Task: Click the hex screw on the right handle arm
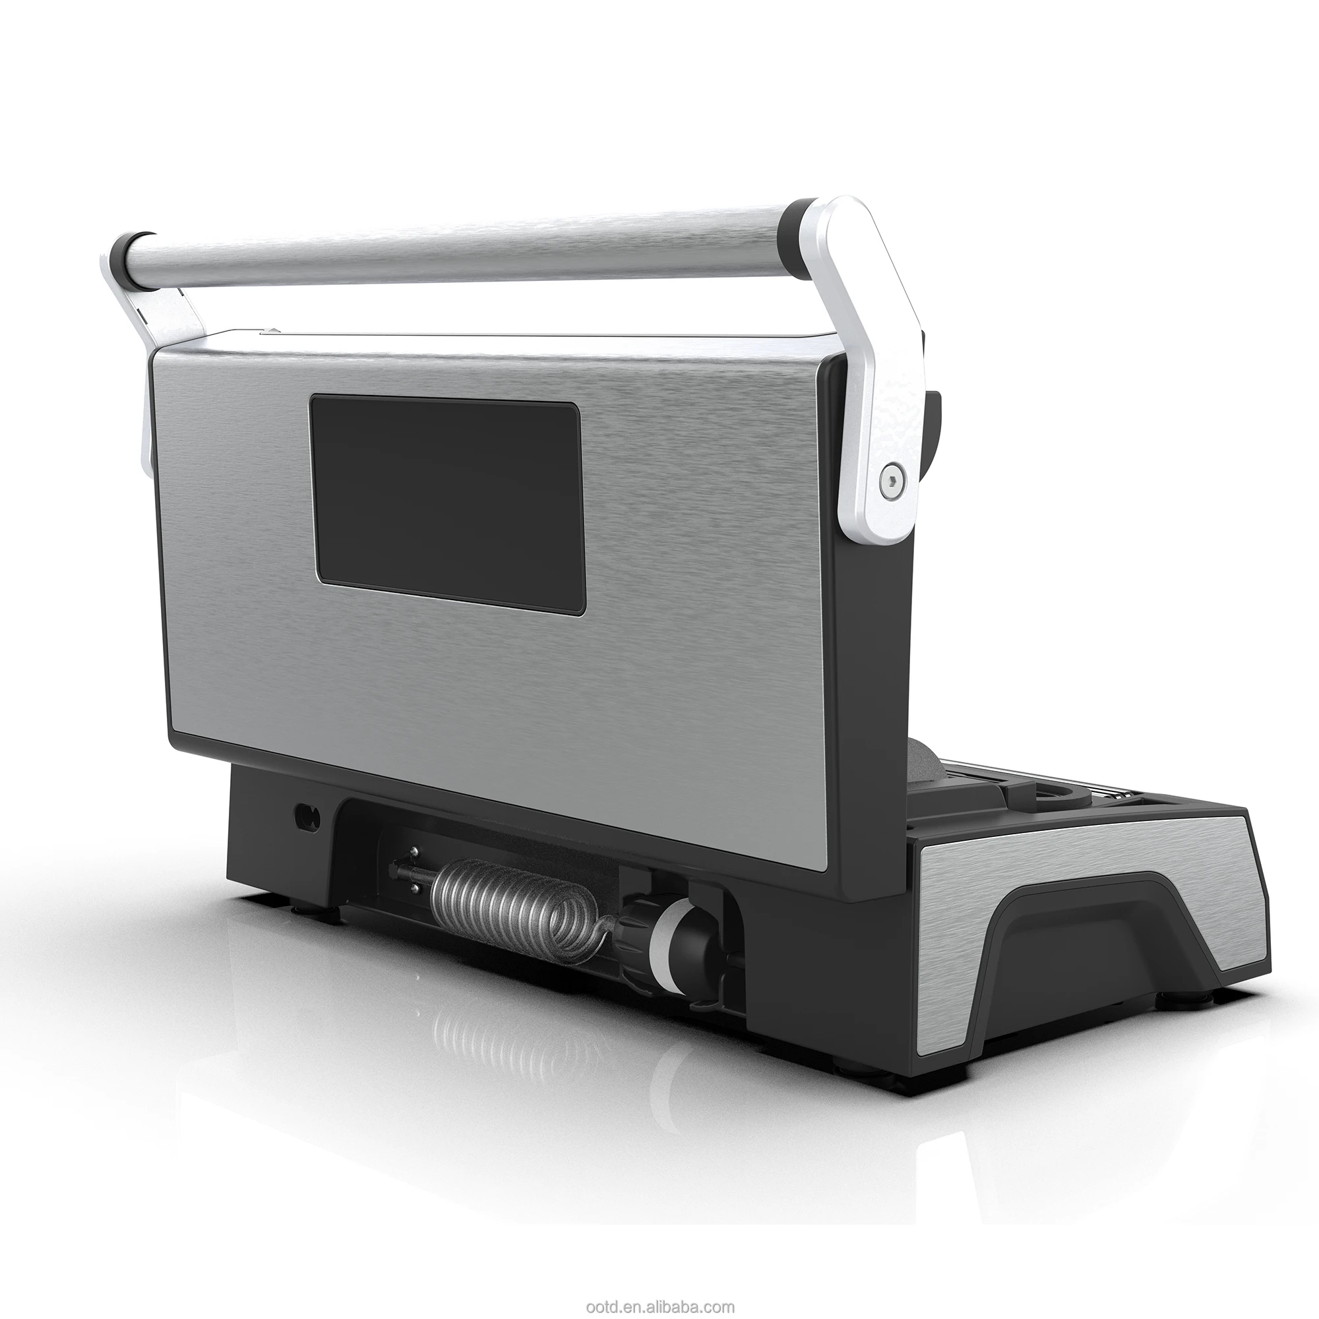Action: (x=894, y=481)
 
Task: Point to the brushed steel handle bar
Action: (x=464, y=246)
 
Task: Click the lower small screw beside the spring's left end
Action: (x=414, y=887)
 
